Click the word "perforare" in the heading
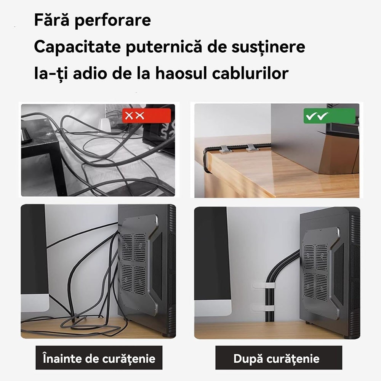[x=112, y=21]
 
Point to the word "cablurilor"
[x=251, y=73]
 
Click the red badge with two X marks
[x=146, y=115]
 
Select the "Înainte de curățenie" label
[x=99, y=358]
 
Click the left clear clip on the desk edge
[x=225, y=148]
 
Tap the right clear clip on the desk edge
[x=252, y=147]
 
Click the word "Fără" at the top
[x=51, y=21]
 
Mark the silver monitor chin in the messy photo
[x=35, y=303]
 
